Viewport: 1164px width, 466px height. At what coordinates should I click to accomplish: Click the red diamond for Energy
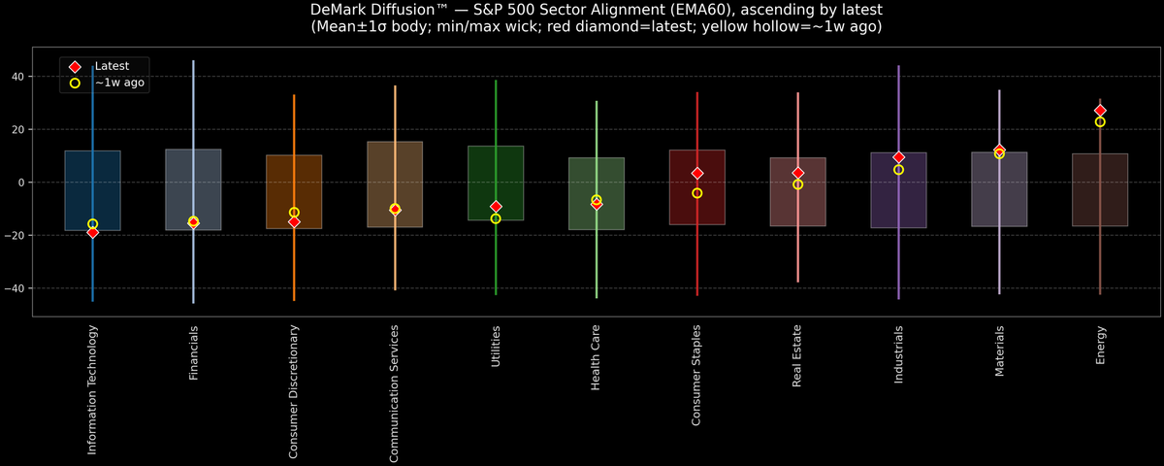point(1100,111)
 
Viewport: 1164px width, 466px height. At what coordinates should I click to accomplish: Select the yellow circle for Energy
point(1100,122)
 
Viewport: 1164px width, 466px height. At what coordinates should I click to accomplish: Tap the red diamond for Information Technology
point(92,232)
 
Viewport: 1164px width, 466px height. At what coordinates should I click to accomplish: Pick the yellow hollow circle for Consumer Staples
point(696,193)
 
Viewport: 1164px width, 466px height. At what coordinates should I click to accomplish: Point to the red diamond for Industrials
point(898,157)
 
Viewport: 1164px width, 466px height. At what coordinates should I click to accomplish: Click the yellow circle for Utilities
point(496,218)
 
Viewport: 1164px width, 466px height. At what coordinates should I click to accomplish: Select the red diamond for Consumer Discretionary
point(294,222)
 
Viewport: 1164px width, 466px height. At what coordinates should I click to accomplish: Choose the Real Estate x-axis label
point(797,357)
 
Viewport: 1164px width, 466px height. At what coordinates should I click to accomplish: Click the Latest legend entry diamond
point(75,66)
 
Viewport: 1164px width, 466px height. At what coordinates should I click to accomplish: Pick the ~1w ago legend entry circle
point(75,83)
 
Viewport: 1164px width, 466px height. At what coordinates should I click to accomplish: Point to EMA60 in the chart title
point(661,10)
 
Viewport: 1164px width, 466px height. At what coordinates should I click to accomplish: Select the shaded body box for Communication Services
point(395,184)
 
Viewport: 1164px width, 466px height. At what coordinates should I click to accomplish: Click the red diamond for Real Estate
point(797,173)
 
